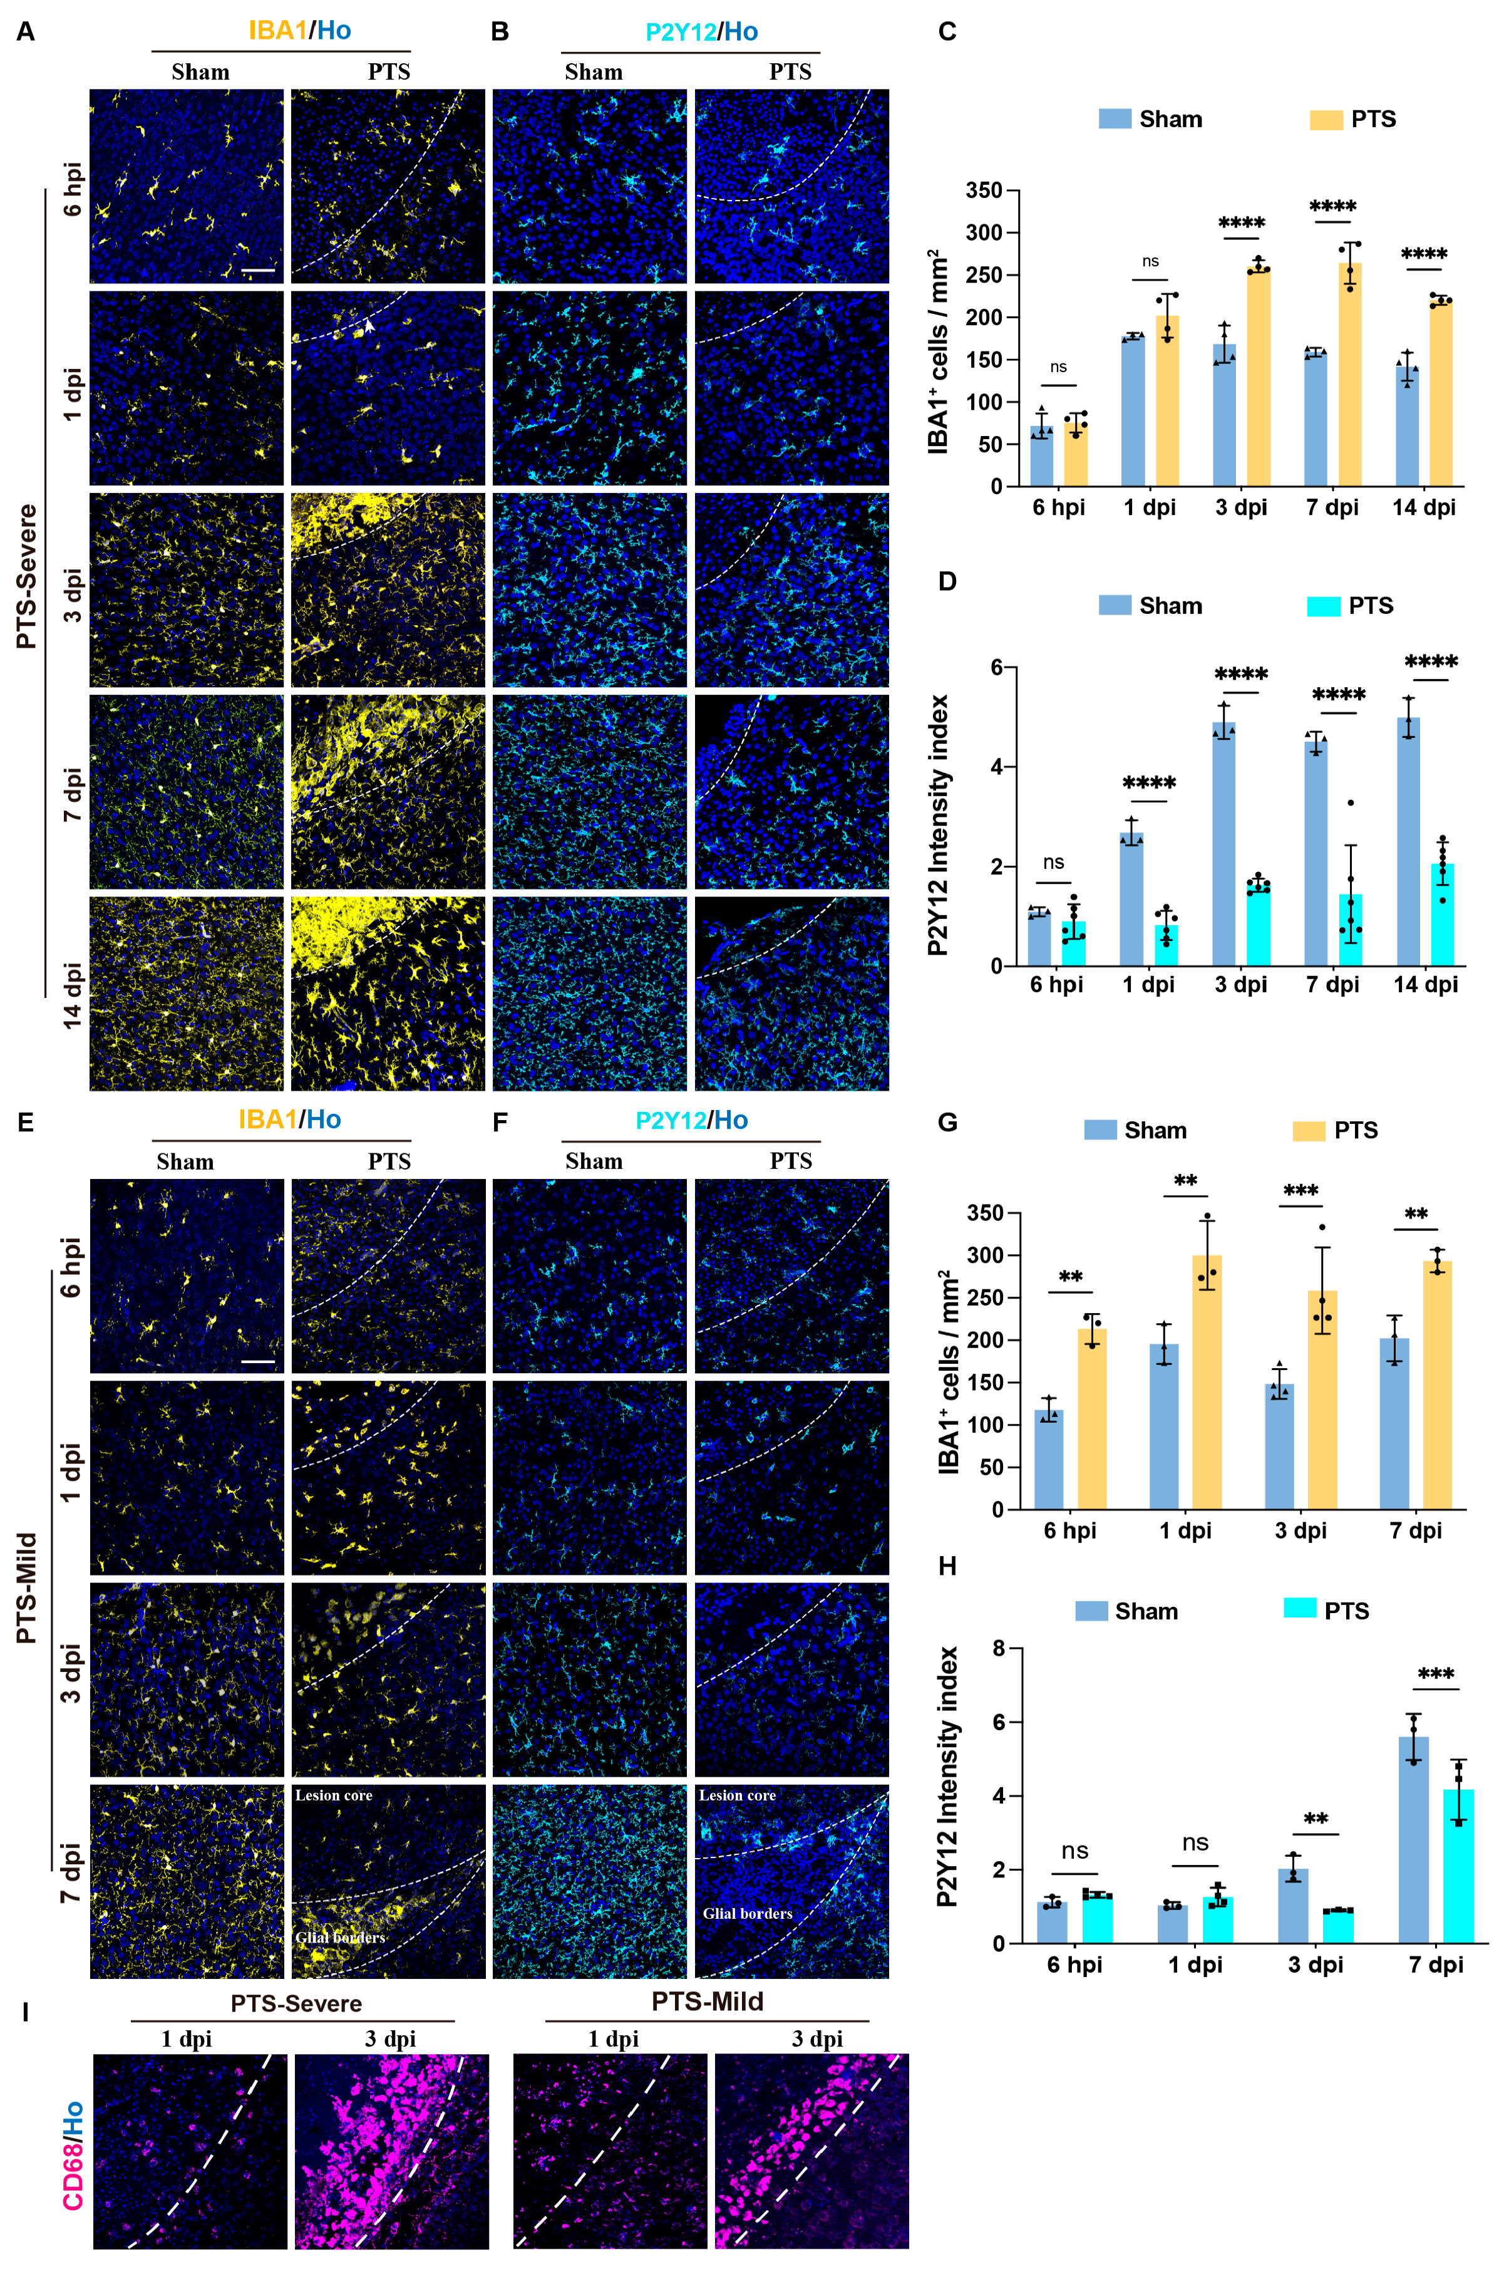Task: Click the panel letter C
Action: pyautogui.click(x=947, y=32)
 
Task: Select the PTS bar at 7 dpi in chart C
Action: pyautogui.click(x=1349, y=375)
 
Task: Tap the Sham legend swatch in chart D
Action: pyautogui.click(x=1115, y=606)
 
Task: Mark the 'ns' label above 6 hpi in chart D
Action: pyautogui.click(x=1054, y=863)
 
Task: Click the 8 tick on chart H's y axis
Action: pyautogui.click(x=998, y=1649)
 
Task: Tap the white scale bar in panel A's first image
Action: pyautogui.click(x=258, y=271)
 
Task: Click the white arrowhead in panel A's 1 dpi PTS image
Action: pyautogui.click(x=369, y=326)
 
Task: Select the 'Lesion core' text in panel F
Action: pyautogui.click(x=737, y=1795)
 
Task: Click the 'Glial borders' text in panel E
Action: pyautogui.click(x=340, y=1937)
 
